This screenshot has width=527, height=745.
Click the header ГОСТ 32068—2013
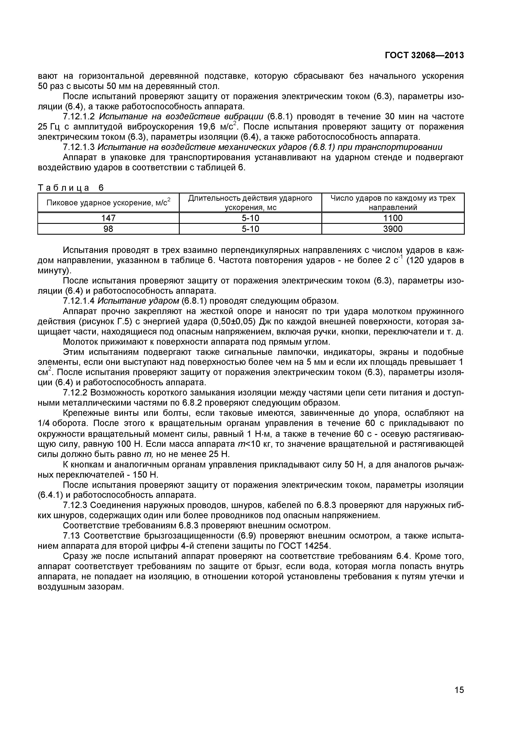point(424,55)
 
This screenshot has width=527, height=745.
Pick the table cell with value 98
point(108,229)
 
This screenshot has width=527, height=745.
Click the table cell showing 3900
point(393,229)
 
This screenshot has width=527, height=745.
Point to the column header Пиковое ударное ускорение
point(108,203)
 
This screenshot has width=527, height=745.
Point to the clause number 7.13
point(72,536)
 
